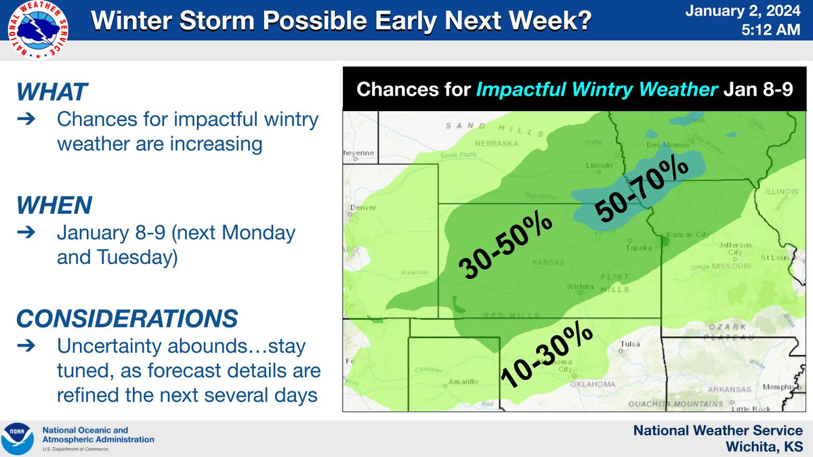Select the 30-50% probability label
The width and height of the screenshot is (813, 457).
pos(505,246)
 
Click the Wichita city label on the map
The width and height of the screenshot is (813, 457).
pos(581,287)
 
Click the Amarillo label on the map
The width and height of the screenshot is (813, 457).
pos(465,382)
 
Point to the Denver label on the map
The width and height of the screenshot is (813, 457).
pos(362,207)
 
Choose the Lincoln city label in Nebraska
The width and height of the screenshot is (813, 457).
pos(599,165)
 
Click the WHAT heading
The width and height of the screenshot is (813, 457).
pos(52,92)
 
